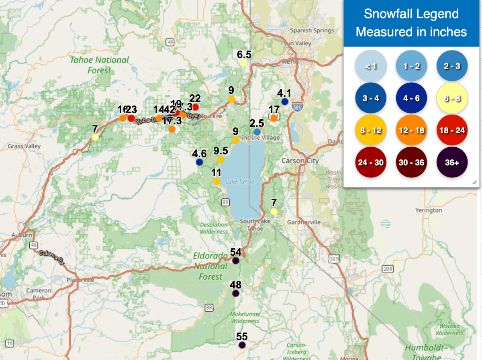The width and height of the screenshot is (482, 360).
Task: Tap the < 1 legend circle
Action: (x=371, y=66)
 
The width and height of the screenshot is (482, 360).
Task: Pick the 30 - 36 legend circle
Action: (x=411, y=163)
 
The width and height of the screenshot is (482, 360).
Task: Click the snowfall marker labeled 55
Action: (x=242, y=345)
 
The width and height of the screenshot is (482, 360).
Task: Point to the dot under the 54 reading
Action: (x=236, y=260)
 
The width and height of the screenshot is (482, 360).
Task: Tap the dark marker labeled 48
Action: (x=236, y=293)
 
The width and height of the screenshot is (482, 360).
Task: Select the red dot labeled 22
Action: (x=195, y=107)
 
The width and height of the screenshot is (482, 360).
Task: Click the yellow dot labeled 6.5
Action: (x=244, y=63)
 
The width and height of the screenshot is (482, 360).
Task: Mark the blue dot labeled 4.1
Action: (x=285, y=102)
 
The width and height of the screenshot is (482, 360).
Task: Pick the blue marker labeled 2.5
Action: (x=257, y=132)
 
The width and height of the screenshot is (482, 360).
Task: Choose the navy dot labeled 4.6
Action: (x=199, y=162)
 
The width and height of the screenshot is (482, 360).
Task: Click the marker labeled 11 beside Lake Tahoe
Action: (x=217, y=181)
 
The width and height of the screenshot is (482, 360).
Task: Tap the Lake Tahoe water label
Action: (x=240, y=182)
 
